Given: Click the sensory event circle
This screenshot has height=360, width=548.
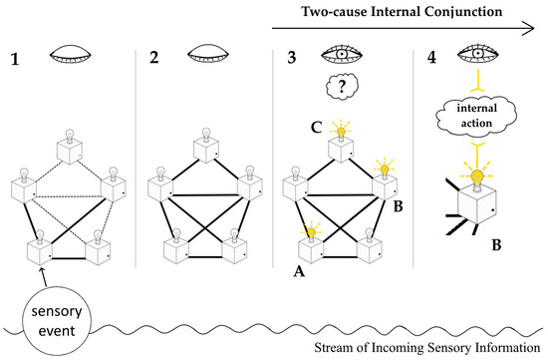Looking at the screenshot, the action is tap(57, 320).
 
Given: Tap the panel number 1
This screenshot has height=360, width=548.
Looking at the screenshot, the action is tap(15, 59).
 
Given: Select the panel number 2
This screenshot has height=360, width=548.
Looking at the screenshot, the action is tap(154, 57).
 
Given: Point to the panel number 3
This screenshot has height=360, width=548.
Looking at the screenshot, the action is tap(292, 58).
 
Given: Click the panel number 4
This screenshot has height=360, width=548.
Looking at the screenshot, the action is tap(432, 58).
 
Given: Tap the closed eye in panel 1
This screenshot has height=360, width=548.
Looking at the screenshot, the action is tap(71, 55).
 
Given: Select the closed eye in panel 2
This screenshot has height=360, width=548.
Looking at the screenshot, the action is tap(208, 54).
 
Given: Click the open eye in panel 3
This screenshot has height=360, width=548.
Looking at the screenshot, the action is tap(342, 54).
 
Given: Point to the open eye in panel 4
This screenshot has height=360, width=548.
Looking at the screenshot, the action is tap(478, 54).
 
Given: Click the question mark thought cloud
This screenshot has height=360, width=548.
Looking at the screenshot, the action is tap(342, 86).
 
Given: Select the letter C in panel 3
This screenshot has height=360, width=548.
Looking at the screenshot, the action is tap(316, 128).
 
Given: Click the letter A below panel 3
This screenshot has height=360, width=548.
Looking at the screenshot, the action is tap(299, 271).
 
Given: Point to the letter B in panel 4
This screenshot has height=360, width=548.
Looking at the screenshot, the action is tap(496, 245).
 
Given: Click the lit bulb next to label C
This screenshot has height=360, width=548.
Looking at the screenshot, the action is tap(341, 131).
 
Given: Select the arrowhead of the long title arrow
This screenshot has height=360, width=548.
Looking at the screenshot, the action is tap(529, 28).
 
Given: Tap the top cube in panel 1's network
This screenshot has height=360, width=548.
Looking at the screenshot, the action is tap(70, 152).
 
